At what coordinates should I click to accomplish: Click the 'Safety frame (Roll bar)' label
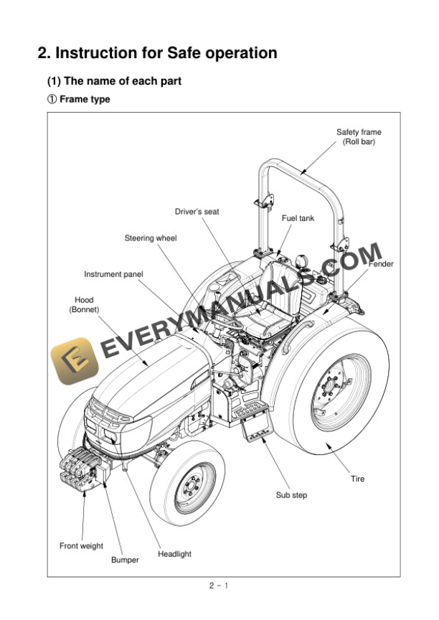[359, 136]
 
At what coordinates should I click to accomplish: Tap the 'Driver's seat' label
[197, 212]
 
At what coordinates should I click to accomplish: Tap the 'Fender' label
[381, 264]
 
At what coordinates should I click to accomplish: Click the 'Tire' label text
[357, 479]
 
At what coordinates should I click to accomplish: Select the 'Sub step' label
[291, 495]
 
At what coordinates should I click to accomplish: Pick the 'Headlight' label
[174, 554]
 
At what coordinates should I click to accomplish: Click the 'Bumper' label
[125, 560]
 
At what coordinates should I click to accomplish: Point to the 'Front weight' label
[81, 546]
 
